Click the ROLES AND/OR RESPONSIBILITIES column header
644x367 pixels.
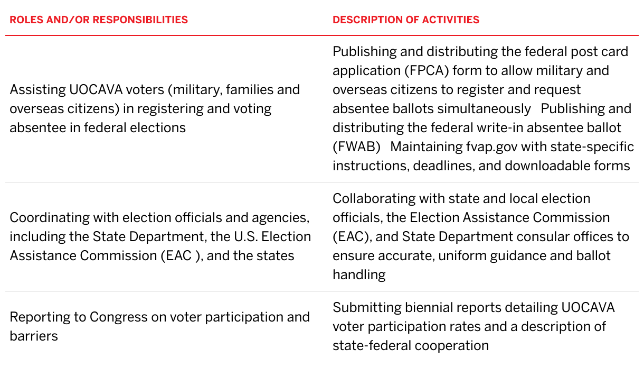coord(99,20)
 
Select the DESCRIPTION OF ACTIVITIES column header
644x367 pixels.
coord(406,20)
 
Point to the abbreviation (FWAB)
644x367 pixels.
coord(356,147)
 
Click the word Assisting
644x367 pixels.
coord(37,90)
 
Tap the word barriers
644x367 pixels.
coord(34,336)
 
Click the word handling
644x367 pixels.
coord(359,274)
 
